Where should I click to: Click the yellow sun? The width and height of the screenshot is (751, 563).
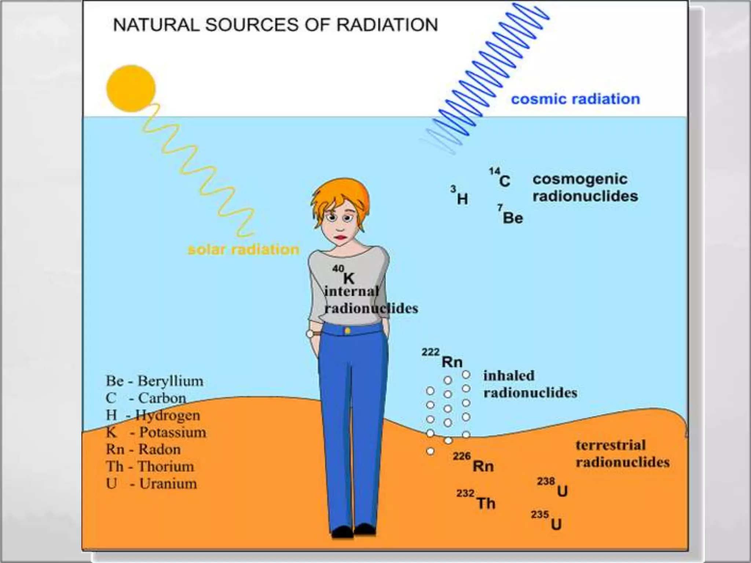pos(131,88)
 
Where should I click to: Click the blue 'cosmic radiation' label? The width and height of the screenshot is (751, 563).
pos(575,99)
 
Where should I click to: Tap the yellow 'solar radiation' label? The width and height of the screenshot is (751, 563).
pos(243,250)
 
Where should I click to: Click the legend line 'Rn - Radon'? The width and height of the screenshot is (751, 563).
pos(143,449)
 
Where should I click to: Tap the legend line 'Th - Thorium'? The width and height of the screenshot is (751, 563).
pos(150,467)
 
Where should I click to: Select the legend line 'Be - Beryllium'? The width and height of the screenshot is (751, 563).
pos(154,381)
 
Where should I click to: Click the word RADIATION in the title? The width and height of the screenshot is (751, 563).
pos(387,25)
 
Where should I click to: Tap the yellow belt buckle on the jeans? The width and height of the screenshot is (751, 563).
pos(347,331)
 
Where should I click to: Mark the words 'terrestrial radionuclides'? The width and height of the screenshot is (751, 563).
pos(622,454)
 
